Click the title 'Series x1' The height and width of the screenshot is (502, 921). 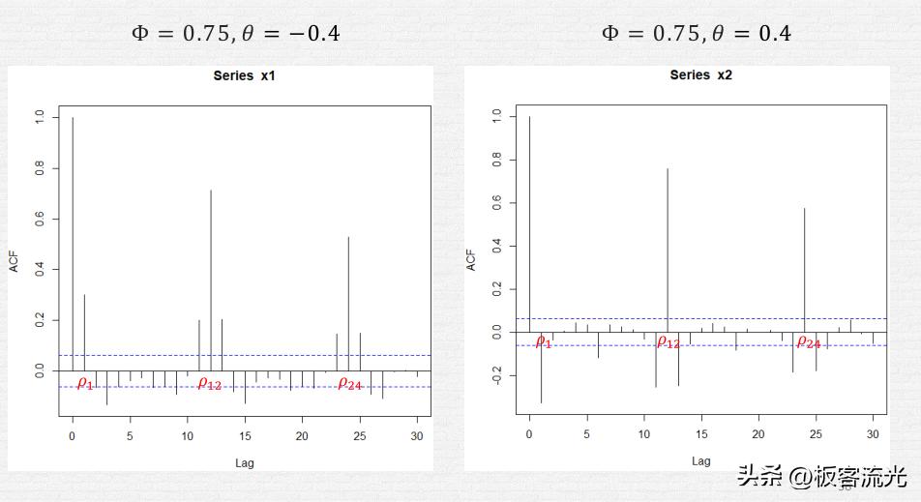coord(245,75)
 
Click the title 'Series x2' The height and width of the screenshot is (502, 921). coord(700,75)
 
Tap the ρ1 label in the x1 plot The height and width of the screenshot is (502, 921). coord(85,384)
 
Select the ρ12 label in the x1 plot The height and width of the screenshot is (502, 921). coord(210,384)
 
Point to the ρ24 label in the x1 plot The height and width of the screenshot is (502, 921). coord(349,384)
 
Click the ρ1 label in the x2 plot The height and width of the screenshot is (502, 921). coord(544,341)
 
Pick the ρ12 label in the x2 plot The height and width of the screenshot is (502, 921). coord(668,341)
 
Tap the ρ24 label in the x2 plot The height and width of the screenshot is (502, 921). coord(808,341)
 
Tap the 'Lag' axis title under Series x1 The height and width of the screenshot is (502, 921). coord(245,462)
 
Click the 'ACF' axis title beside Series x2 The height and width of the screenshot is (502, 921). coord(471,259)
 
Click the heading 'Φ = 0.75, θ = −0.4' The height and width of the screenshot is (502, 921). coord(235,34)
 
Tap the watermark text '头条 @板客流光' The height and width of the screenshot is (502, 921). coord(821,476)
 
